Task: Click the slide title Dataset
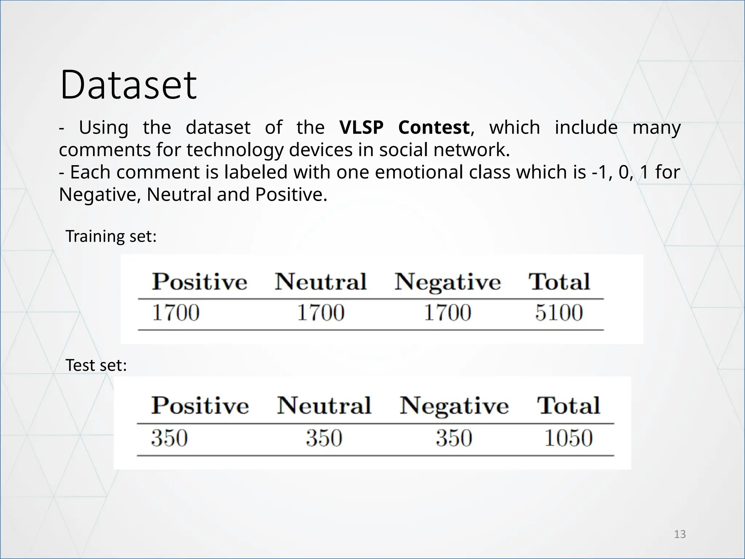pyautogui.click(x=128, y=85)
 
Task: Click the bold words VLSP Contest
pyautogui.click(x=404, y=127)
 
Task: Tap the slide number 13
pyautogui.click(x=680, y=534)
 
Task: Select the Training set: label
pyautogui.click(x=111, y=236)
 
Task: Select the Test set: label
pyautogui.click(x=96, y=365)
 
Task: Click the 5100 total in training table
pyautogui.click(x=559, y=313)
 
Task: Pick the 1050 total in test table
pyautogui.click(x=568, y=438)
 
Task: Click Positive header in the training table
pyautogui.click(x=199, y=282)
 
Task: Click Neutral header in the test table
pyautogui.click(x=324, y=405)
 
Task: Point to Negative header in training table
pyautogui.click(x=447, y=282)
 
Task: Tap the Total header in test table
pyautogui.click(x=568, y=405)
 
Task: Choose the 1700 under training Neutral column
pyautogui.click(x=320, y=313)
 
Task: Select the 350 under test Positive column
pyautogui.click(x=170, y=438)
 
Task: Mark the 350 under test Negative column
pyautogui.click(x=454, y=438)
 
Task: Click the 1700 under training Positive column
pyautogui.click(x=176, y=313)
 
